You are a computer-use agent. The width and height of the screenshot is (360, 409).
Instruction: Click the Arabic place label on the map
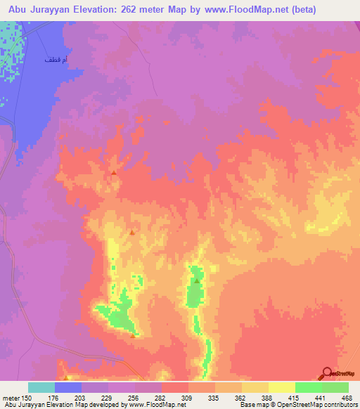(x=56, y=61)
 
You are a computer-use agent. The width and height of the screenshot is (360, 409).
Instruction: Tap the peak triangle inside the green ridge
(x=197, y=280)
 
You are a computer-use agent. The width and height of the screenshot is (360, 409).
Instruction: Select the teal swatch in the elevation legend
(x=41, y=387)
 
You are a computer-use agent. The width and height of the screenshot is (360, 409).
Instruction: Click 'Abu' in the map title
(x=18, y=10)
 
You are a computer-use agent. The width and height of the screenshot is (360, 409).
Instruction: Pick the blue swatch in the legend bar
(x=68, y=387)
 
